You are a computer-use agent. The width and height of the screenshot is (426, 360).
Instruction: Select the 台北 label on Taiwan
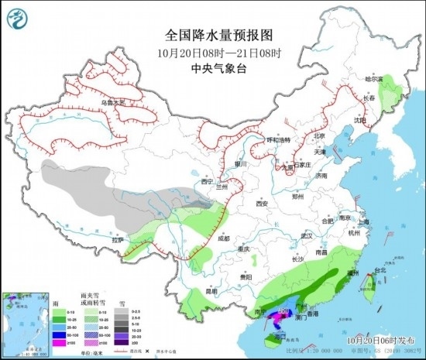(380, 271)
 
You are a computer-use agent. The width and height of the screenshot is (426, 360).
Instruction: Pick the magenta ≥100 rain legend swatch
(57, 341)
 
